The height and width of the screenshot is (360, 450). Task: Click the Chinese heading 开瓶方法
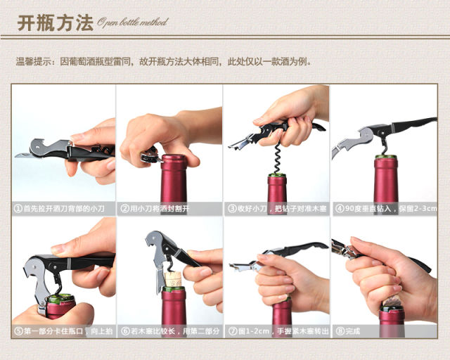click(56, 23)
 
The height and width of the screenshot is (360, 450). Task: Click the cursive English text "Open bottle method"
click(132, 22)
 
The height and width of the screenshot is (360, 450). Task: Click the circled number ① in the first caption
click(18, 208)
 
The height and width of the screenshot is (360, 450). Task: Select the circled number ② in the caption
click(125, 208)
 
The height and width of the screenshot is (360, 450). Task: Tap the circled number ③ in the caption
click(232, 208)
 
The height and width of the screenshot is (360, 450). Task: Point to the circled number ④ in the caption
click(340, 208)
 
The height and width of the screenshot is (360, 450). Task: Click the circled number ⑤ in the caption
click(18, 331)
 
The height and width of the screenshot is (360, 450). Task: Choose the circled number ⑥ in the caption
click(125, 331)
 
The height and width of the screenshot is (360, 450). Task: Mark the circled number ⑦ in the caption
click(233, 331)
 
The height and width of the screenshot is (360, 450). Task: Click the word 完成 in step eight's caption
click(353, 331)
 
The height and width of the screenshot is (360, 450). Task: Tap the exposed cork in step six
click(174, 279)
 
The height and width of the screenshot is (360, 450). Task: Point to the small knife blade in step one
click(22, 155)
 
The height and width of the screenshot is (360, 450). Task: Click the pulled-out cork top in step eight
click(392, 302)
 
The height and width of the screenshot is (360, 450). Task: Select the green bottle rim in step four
click(386, 157)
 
